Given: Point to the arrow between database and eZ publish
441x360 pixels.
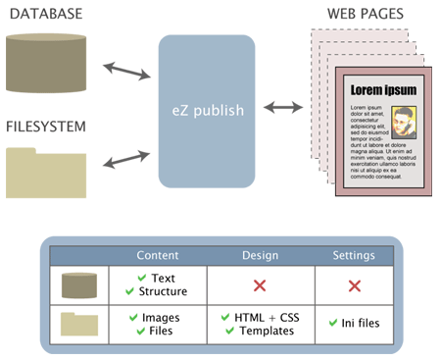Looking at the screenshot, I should point(125,71).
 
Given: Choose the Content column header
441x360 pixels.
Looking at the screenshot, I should point(157,255).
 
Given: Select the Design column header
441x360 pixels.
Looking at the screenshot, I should point(261,255).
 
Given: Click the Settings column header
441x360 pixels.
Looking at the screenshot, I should point(354,255).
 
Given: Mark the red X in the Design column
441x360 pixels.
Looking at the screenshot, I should point(260,285).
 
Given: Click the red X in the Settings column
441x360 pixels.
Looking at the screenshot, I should point(354,285).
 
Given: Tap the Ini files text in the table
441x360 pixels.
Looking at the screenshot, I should point(359,323).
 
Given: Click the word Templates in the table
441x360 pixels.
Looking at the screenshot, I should point(267,331).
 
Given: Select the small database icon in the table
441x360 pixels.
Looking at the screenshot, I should point(80,285).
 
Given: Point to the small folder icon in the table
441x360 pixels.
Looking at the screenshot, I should point(80,323).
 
